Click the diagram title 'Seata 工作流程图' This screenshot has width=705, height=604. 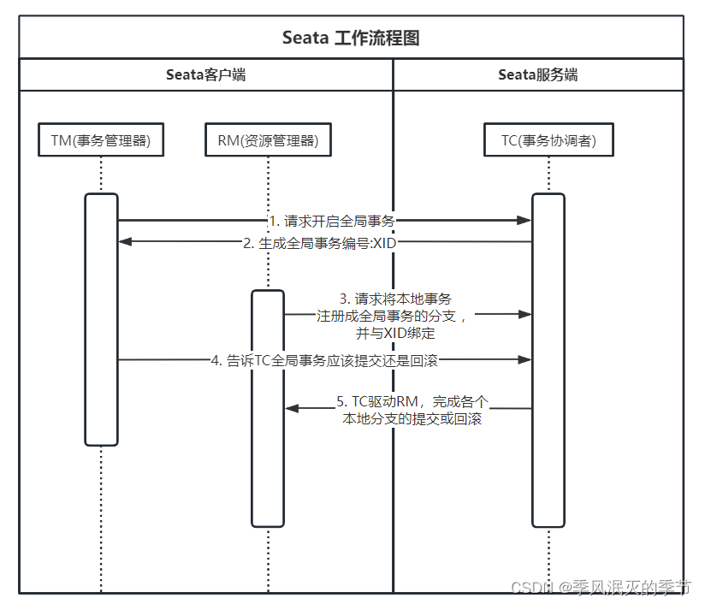click(x=351, y=38)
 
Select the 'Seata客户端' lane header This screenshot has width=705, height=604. click(x=205, y=74)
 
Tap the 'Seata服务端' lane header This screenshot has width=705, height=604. click(x=537, y=74)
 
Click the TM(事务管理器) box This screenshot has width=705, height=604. click(x=101, y=141)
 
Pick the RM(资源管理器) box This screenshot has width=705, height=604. click(x=268, y=141)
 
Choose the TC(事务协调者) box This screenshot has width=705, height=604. click(x=548, y=141)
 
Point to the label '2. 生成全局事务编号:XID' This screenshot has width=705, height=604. click(x=320, y=243)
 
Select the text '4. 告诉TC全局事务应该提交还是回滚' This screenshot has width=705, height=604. click(x=324, y=360)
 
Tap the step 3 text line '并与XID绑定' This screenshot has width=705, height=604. click(x=396, y=333)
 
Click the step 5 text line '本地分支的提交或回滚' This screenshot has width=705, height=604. click(x=412, y=419)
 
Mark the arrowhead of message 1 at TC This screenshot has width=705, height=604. click(x=524, y=221)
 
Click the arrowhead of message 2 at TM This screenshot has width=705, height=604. click(x=126, y=242)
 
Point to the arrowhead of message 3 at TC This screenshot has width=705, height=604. click(x=524, y=314)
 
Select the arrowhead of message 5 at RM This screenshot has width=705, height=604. click(x=292, y=409)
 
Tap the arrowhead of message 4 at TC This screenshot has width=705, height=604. click(x=524, y=360)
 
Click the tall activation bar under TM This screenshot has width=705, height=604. click(x=101, y=342)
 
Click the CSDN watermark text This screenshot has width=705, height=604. click(x=600, y=587)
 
